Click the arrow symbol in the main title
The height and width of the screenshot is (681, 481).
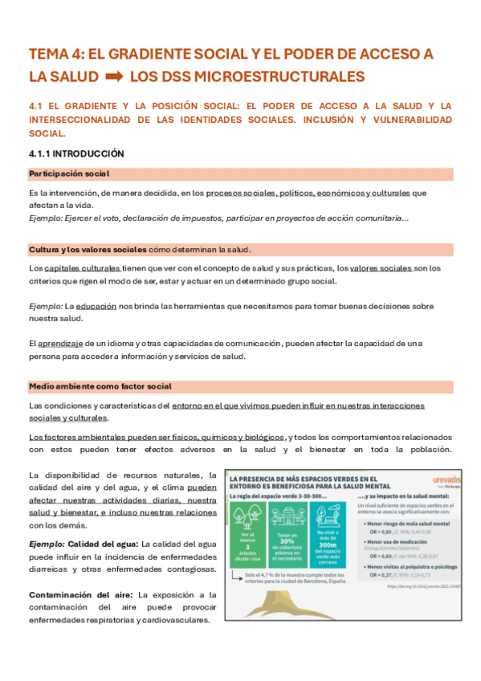pos(113,77)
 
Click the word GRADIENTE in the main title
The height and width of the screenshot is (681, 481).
pos(145,55)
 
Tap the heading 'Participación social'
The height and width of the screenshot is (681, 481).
pos(68,173)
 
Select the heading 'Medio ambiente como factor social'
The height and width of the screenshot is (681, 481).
pos(100,386)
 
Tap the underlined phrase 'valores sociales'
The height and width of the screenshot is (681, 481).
pos(381,267)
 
